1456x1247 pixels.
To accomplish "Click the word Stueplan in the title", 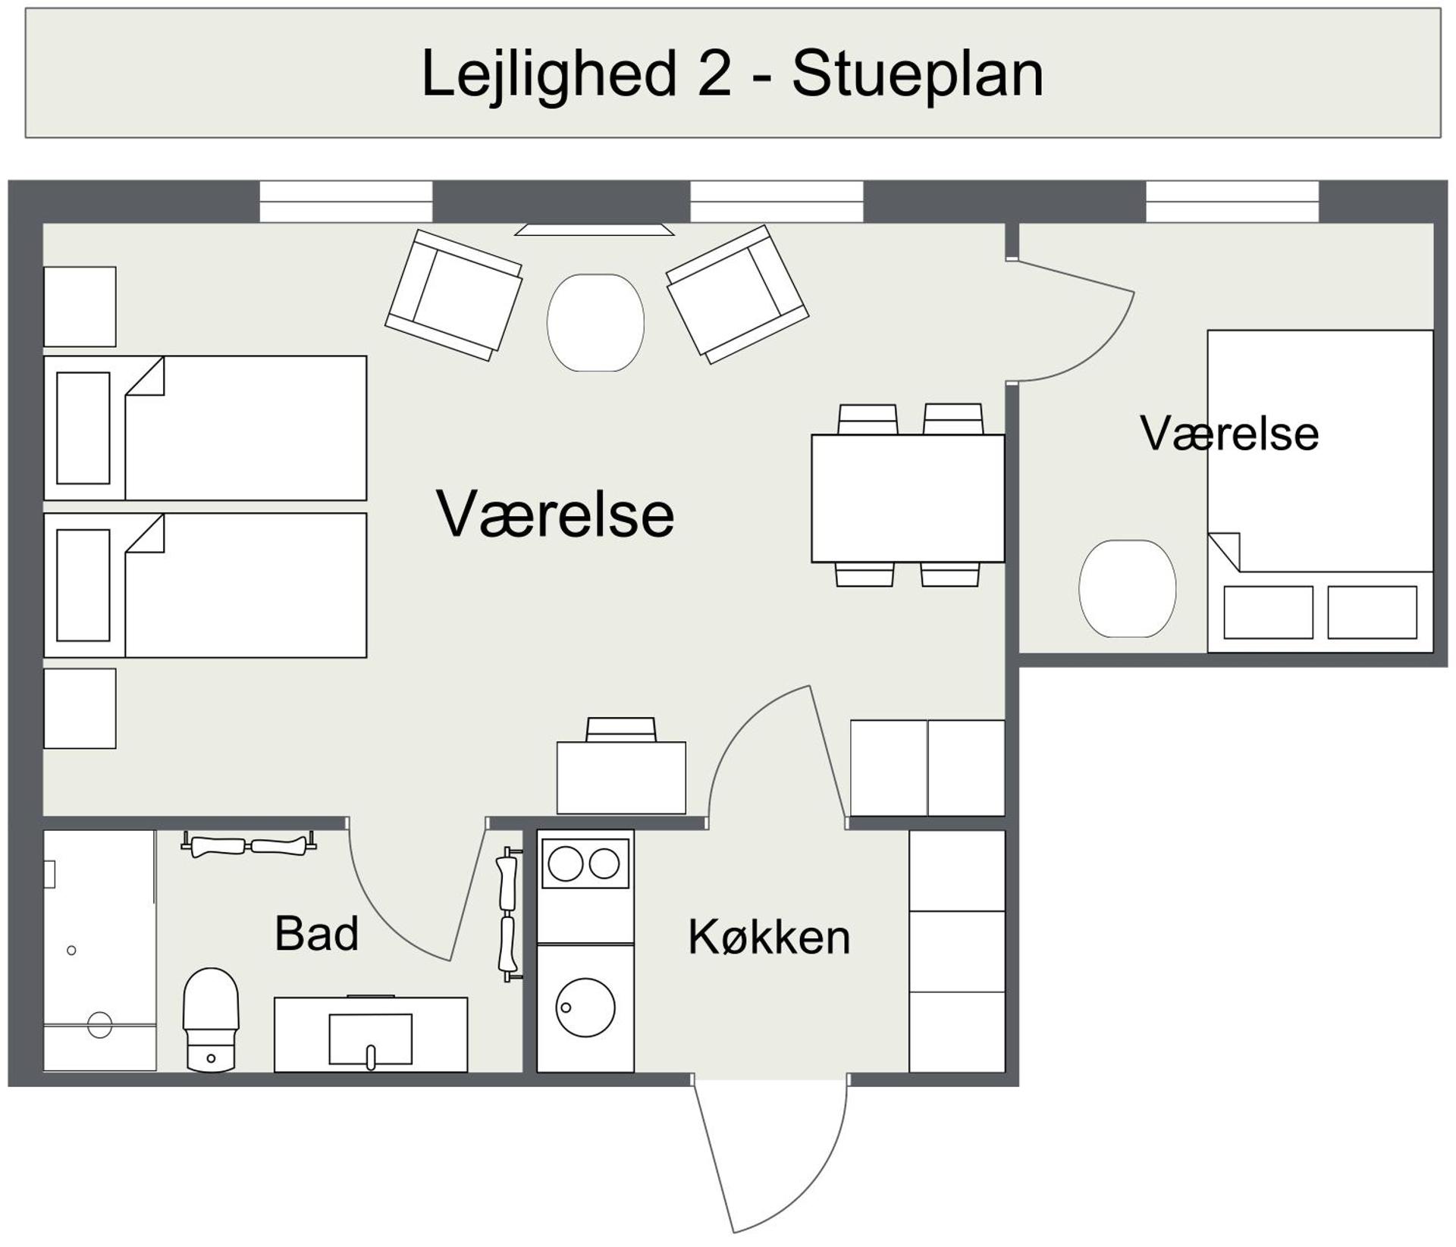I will point(918,74).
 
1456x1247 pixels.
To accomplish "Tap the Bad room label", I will point(316,933).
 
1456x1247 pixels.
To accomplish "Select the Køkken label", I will point(769,937).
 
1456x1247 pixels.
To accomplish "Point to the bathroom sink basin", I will point(370,1039).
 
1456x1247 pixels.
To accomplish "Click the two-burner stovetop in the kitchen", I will point(585,863).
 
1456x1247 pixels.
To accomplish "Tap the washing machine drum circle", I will point(585,1007).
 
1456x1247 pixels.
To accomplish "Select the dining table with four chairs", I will point(908,498).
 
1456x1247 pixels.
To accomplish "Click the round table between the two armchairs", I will point(595,322).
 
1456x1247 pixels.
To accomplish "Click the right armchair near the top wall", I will point(737,294).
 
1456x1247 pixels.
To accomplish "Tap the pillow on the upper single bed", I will point(83,428).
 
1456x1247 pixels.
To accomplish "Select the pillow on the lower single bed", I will point(83,585).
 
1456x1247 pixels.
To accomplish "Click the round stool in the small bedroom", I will point(1127,588).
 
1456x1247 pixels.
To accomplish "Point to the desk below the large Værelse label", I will point(621,777).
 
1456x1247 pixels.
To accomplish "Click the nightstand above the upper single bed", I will point(80,306).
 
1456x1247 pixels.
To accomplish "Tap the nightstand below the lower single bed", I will point(80,708).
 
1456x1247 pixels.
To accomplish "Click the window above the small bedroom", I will point(1232,201).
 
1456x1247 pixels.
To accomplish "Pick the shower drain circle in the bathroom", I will point(99,1024).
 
